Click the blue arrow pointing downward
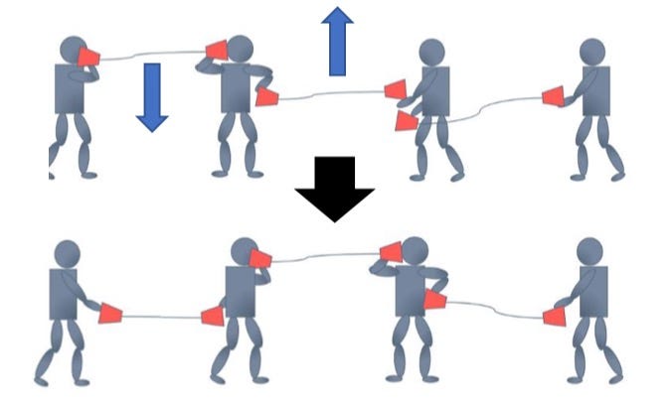(152, 96)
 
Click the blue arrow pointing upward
(338, 40)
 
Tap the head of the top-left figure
(74, 50)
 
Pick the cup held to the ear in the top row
(216, 50)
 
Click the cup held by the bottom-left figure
(109, 314)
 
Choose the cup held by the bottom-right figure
(554, 317)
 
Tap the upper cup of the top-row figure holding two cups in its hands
(396, 90)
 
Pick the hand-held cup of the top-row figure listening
(266, 96)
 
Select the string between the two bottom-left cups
(159, 317)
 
